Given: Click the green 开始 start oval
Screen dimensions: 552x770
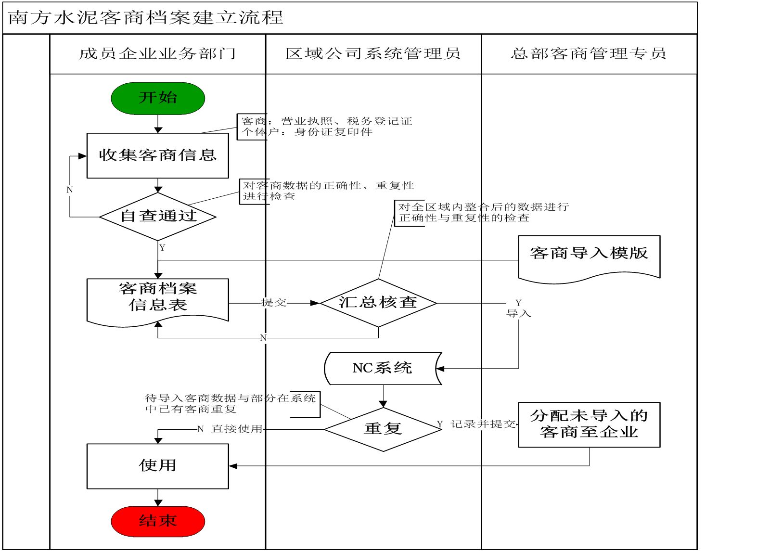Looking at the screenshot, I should point(158,98).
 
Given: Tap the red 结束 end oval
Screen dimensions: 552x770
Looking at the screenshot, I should point(158,521).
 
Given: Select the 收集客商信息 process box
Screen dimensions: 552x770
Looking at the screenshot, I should point(157,155).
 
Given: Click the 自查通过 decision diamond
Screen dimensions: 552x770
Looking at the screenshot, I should point(158,216).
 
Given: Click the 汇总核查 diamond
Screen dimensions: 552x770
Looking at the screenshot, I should point(378,303).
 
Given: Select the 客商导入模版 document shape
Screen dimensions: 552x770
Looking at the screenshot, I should point(589,255).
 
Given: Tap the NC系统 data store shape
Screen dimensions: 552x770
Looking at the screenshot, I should point(383,369).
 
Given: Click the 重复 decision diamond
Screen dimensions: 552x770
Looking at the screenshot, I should point(383,429).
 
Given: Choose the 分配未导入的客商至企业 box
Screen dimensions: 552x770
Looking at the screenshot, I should point(589,424).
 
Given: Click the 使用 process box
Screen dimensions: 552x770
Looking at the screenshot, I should point(157,466).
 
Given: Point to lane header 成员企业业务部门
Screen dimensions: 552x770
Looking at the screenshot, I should point(157,54).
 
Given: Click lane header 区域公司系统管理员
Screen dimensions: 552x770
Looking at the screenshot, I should point(373,54).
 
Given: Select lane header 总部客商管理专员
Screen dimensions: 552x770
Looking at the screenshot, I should point(589,54).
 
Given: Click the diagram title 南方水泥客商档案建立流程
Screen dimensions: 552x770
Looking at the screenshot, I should point(145,18).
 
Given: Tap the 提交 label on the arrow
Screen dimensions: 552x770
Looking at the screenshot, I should point(273,303).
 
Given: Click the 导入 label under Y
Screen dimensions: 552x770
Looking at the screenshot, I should point(518,314).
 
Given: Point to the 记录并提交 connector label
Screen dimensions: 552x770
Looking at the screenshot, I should point(483,424).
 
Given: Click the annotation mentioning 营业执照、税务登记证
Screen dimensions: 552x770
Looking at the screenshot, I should point(326,127).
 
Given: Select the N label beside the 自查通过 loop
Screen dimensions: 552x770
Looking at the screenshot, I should point(70,190).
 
